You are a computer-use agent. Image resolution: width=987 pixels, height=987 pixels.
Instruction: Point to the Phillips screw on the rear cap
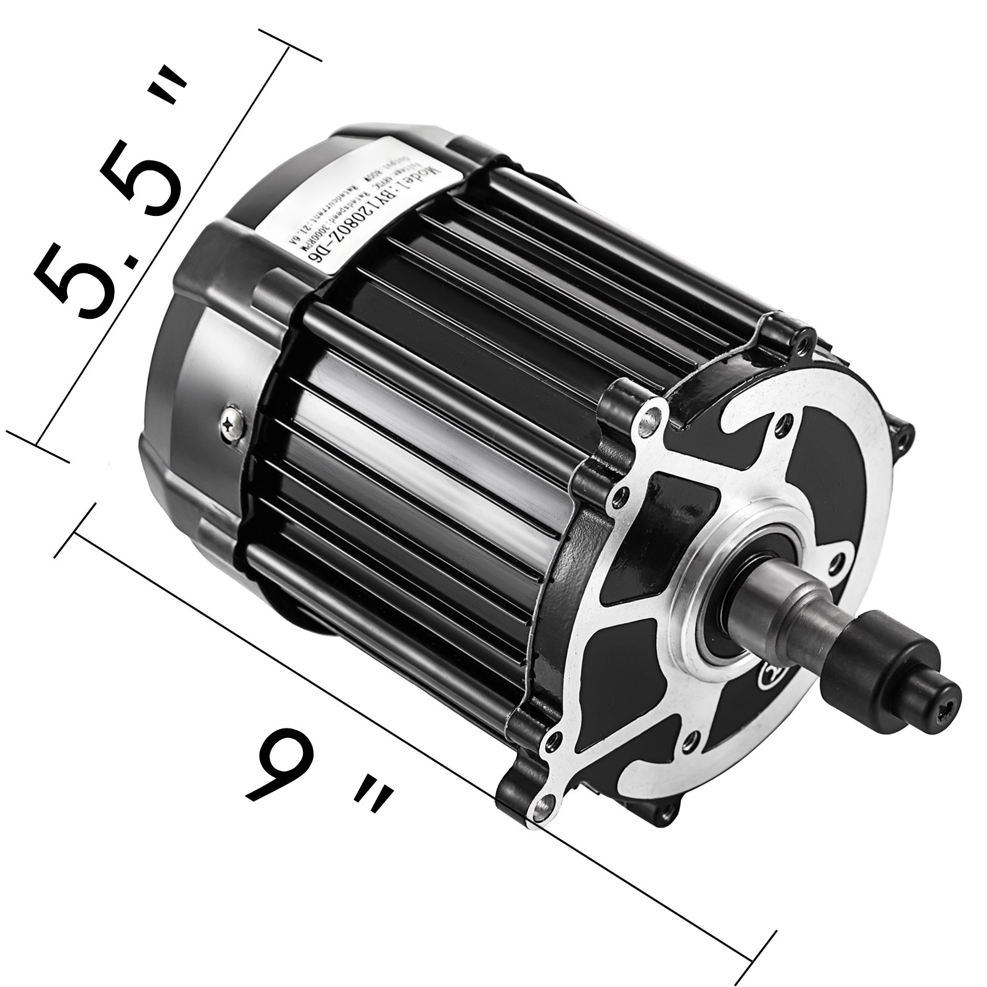233,424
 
